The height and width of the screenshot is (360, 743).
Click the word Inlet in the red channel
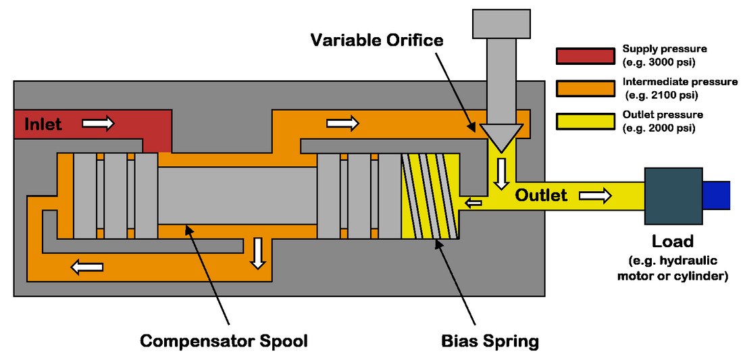point(43,124)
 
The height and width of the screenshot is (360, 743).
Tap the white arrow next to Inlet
point(99,124)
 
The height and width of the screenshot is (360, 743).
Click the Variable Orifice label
point(376,40)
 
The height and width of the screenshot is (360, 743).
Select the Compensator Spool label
point(224,340)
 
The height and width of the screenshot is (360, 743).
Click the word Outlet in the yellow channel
point(541,195)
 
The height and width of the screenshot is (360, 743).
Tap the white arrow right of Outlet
point(595,195)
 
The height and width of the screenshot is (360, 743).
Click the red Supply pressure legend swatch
point(584,56)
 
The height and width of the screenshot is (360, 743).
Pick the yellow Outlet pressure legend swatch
point(584,122)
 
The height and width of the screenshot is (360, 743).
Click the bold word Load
point(672,241)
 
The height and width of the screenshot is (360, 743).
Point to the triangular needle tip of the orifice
point(501,138)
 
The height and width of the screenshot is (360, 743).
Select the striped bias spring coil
point(431,197)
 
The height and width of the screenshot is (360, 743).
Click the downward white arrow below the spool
point(257,253)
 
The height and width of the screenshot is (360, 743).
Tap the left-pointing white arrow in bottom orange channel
point(87,266)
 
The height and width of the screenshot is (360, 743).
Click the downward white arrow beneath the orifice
point(501,174)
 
